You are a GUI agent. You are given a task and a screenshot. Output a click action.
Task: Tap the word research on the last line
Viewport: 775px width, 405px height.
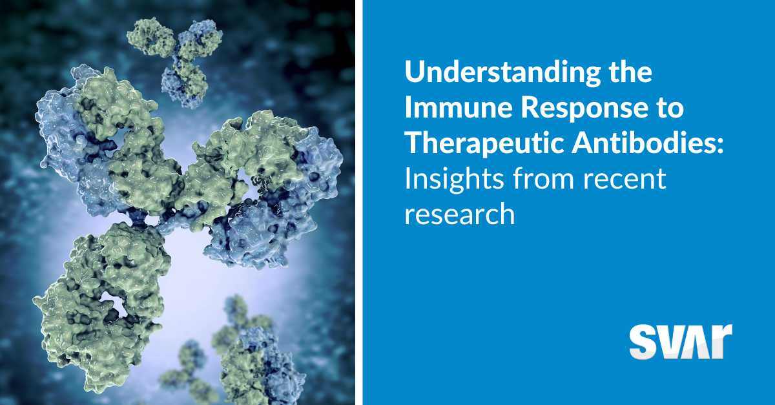point(460,214)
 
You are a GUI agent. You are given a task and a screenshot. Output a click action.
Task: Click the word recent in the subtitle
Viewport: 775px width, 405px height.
point(625,180)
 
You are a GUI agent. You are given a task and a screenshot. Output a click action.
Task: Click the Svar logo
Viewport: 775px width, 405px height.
point(681,341)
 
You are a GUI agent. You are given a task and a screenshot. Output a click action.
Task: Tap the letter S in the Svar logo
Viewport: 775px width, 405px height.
point(643,342)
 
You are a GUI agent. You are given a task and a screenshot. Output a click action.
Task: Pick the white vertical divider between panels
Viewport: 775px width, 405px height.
point(359,203)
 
